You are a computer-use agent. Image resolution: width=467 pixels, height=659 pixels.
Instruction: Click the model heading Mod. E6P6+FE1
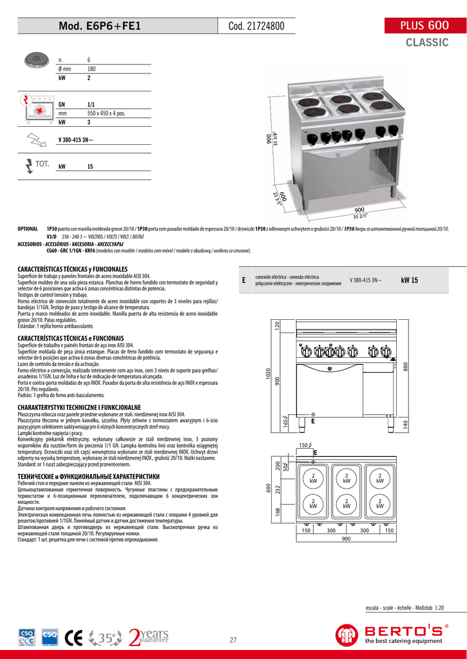click(x=99, y=26)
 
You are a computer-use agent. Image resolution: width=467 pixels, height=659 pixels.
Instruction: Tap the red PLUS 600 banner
click(x=424, y=26)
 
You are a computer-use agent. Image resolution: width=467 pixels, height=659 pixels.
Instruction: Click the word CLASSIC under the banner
click(x=426, y=42)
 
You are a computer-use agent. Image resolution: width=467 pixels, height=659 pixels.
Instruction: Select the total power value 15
click(x=90, y=167)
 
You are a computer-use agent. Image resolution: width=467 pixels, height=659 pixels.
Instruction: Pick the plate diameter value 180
click(x=91, y=68)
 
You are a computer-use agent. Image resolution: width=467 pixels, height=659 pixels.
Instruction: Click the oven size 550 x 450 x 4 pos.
click(x=106, y=113)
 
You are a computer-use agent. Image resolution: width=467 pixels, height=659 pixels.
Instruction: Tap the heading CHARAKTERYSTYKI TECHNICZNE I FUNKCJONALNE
click(x=79, y=408)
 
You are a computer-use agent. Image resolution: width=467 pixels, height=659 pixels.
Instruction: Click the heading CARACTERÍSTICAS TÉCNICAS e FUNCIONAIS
click(x=70, y=338)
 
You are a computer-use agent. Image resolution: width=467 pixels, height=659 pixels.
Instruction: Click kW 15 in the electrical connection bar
click(x=409, y=280)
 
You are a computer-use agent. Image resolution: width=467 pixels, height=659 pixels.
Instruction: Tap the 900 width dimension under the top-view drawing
click(x=346, y=539)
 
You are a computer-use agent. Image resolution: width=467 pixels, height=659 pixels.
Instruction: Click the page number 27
click(x=233, y=640)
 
